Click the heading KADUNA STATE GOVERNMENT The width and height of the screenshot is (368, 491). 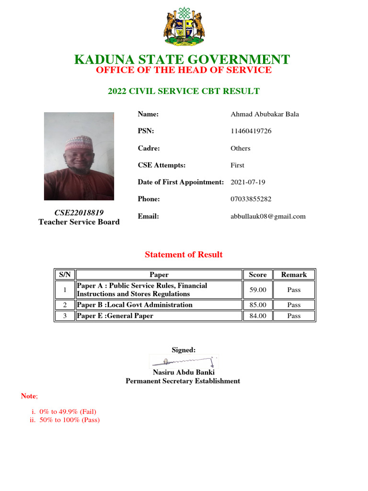pos(182,60)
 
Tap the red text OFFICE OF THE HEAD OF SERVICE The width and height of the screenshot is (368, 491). pos(184,70)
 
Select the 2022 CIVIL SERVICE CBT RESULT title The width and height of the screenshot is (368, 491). pos(184,91)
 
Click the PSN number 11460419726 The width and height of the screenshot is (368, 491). pos(251,131)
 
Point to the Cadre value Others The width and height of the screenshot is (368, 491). pos(241,148)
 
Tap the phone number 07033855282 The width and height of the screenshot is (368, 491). pos(251,199)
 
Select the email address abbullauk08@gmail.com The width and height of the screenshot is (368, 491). pos(268,216)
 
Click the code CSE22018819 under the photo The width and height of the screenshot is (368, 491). pos(79,212)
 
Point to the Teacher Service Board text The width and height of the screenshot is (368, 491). pos(79,222)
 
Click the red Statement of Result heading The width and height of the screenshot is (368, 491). pos(184,255)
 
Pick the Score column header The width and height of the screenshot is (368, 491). pos(258,275)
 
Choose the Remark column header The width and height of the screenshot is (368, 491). pos(294,275)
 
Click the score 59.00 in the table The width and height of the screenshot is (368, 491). pos(258,290)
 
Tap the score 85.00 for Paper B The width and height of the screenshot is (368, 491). pos(258,305)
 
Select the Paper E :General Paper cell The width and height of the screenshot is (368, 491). pos(115,316)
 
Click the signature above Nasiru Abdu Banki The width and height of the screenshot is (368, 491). pos(184,361)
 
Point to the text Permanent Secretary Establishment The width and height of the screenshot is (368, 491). pos(183,381)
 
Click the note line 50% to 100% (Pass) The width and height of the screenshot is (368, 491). pos(69,421)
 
